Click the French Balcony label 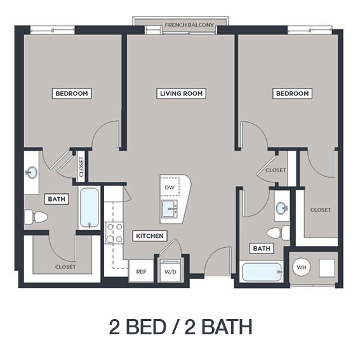tap(189, 25)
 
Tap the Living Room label tap(181, 93)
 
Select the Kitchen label tap(150, 236)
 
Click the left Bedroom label tap(72, 93)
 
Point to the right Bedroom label tap(292, 93)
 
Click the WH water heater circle tap(302, 268)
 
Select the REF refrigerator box tap(141, 271)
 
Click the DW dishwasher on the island tap(170, 187)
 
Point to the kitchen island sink tap(170, 209)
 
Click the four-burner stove tap(114, 233)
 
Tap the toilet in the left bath tap(36, 217)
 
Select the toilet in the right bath tap(278, 233)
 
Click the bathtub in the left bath tap(90, 208)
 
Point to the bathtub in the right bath tap(262, 272)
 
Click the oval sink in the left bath tap(32, 172)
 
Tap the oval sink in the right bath tap(282, 208)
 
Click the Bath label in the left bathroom tap(57, 199)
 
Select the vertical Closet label tap(81, 167)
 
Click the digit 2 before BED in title tap(114, 327)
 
